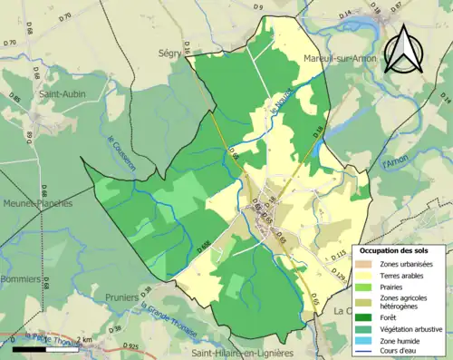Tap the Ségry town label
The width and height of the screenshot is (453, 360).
[x=169, y=53]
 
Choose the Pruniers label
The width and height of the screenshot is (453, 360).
[x=109, y=296]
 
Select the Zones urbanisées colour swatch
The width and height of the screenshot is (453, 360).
[x=368, y=263]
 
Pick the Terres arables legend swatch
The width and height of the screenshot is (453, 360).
[x=368, y=276]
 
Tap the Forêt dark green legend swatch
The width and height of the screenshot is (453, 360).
[x=368, y=317]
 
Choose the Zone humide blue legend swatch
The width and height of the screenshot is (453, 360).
[x=368, y=342]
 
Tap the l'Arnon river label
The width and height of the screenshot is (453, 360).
[x=395, y=163]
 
